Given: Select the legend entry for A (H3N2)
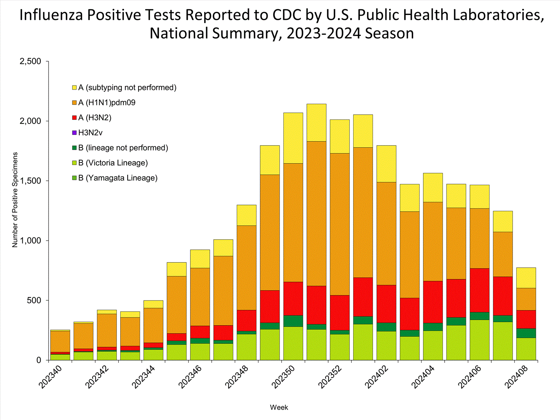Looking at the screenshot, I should (94, 118).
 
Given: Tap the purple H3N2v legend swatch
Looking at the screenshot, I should (74, 133).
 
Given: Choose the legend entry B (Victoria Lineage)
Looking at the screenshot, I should (113, 163).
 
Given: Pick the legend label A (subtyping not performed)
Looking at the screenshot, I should (127, 87).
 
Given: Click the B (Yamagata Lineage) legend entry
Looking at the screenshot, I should (118, 178).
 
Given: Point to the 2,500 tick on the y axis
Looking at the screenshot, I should (30, 61).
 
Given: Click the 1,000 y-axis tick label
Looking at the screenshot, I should (30, 241).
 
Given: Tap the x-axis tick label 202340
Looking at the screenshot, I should (50, 377).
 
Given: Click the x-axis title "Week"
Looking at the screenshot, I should (279, 407).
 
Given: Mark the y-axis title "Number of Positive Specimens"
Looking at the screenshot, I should (15, 200).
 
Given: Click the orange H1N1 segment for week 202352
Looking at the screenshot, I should (340, 224).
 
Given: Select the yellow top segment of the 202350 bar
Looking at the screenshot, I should (293, 138).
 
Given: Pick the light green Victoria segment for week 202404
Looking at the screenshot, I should (433, 345).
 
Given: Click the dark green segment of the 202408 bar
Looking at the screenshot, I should (526, 333).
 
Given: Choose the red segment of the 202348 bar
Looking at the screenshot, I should (246, 320).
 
